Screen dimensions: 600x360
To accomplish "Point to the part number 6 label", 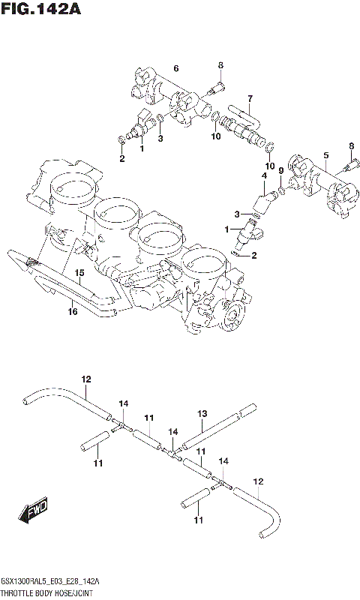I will (175, 69).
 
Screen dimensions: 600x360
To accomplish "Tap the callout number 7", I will (250, 97).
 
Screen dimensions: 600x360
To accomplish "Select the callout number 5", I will (325, 155).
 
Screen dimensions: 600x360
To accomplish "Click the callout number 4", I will (264, 175).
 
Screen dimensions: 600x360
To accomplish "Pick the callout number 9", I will (280, 171).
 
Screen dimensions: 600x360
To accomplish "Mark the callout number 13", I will (202, 413).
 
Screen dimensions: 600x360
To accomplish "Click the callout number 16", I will (73, 310).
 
